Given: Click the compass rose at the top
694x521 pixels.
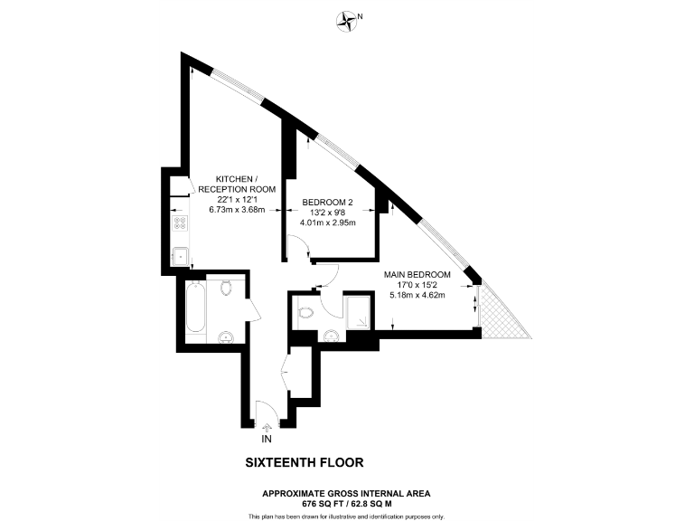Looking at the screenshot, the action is click(x=347, y=22).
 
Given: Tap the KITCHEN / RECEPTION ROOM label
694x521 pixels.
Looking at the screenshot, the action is click(x=237, y=185).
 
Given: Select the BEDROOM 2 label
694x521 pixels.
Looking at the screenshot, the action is click(x=327, y=203).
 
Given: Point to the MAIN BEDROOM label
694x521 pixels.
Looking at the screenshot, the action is click(x=417, y=275).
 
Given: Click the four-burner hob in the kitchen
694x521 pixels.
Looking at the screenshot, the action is click(x=180, y=223).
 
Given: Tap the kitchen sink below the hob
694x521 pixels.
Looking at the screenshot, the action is click(x=180, y=257).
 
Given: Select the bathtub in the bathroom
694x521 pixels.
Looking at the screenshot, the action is click(x=195, y=308).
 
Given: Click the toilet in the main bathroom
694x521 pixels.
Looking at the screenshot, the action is click(x=226, y=287).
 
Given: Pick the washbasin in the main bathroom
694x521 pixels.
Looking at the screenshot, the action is click(x=226, y=337).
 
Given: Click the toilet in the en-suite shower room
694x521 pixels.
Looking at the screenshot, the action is click(x=305, y=313).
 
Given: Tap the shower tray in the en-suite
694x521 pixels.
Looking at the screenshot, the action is click(x=358, y=313).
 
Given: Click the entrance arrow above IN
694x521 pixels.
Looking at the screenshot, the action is click(x=267, y=428).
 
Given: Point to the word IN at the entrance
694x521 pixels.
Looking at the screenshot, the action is click(x=267, y=439).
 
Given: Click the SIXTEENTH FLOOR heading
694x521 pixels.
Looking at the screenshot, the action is click(x=305, y=462).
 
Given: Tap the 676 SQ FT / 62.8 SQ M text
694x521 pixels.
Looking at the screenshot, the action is click(x=347, y=504).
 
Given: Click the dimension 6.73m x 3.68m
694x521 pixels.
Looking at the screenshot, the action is click(x=237, y=210).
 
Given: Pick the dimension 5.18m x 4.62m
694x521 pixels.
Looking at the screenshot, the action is click(x=417, y=295).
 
